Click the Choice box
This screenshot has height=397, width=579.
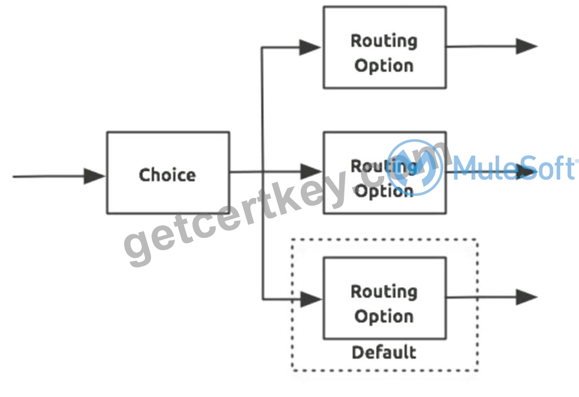(x=168, y=173)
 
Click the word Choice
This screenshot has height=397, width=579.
(x=167, y=175)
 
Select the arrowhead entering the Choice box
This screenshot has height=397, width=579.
(x=94, y=176)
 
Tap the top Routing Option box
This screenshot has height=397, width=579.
(x=385, y=47)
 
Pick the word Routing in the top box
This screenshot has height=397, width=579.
(x=384, y=41)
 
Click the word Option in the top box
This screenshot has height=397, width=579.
(x=384, y=65)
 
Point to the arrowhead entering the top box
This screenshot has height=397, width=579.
(x=310, y=47)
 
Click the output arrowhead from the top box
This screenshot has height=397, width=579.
(x=526, y=46)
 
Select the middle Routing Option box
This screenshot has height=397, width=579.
(x=385, y=173)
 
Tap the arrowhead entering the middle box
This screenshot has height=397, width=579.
(x=311, y=172)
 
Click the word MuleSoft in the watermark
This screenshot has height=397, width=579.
(x=514, y=168)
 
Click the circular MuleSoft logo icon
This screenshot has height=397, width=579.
(x=415, y=168)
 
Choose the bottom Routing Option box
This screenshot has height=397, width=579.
(x=385, y=298)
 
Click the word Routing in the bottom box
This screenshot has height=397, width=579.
(x=384, y=292)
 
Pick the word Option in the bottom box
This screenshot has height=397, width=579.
(x=384, y=317)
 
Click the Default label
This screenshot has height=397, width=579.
(x=384, y=352)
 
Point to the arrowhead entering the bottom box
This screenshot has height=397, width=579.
(x=311, y=299)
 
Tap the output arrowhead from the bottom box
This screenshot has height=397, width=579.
(x=526, y=297)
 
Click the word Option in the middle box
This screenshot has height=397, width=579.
(x=384, y=191)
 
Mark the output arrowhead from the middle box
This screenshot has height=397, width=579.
(x=526, y=172)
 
